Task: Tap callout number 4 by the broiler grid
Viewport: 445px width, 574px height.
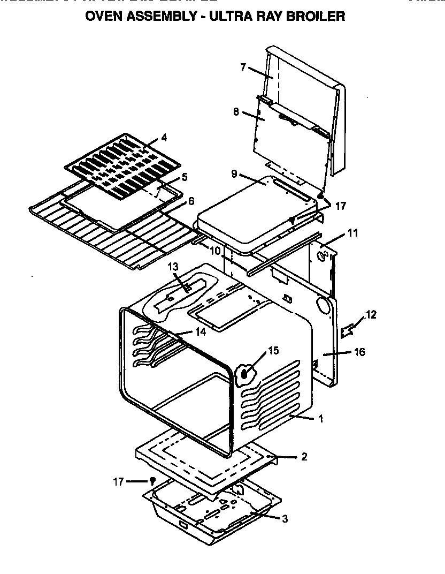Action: [x=164, y=138]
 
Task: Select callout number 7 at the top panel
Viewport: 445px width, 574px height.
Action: [x=243, y=67]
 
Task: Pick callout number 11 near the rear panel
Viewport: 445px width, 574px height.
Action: [x=352, y=233]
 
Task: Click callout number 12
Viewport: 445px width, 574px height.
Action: [x=370, y=314]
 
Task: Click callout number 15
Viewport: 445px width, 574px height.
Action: [x=273, y=351]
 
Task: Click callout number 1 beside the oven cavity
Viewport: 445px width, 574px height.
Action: [x=321, y=419]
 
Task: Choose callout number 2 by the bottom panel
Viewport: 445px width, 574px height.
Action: [x=304, y=457]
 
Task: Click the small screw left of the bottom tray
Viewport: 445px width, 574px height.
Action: [x=152, y=481]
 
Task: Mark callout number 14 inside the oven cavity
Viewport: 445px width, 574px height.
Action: [x=200, y=331]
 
